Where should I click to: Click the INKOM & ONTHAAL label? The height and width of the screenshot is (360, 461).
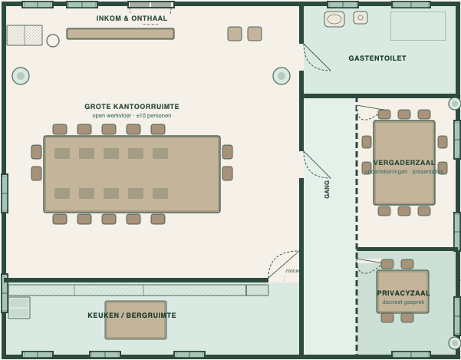tap(131, 18)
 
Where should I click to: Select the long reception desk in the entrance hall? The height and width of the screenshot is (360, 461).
tap(120, 34)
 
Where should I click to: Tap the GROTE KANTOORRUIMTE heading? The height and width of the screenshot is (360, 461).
tap(132, 107)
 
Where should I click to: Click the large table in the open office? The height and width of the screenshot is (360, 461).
tap(132, 174)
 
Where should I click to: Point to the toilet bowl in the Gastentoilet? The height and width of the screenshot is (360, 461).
tap(334, 19)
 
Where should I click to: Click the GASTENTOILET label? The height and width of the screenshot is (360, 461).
tap(377, 58)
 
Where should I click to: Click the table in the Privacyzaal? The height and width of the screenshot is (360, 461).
tap(403, 291)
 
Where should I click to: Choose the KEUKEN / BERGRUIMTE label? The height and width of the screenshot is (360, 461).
tap(132, 315)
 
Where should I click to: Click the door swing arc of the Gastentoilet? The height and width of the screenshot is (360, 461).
tap(317, 58)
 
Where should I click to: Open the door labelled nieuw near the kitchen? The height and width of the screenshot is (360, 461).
tap(284, 265)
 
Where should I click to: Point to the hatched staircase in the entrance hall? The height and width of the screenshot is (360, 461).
tap(25, 35)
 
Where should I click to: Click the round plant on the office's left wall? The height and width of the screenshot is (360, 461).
tap(21, 76)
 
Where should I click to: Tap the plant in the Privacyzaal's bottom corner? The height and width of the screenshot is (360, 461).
tap(454, 342)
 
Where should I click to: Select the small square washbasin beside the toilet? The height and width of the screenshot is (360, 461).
tap(361, 18)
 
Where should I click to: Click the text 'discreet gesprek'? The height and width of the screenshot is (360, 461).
tap(403, 302)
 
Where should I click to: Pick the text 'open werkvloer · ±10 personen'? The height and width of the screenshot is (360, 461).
tap(132, 116)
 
